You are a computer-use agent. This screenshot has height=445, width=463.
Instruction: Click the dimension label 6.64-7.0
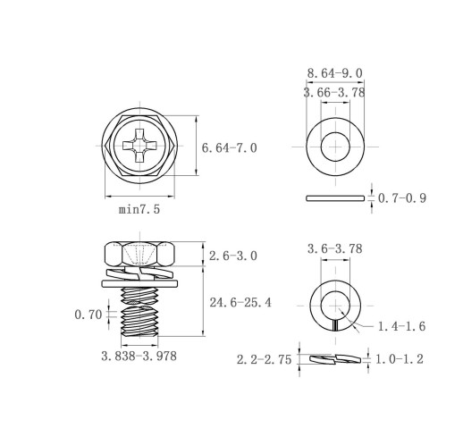pos(229,148)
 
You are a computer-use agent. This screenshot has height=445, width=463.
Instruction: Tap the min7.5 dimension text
pos(139,209)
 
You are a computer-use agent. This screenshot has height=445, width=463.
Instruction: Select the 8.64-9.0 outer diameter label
pos(335,73)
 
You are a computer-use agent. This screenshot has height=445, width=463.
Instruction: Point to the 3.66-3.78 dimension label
pos(334,93)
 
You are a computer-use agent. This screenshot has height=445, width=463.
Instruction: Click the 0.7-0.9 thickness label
pos(402,198)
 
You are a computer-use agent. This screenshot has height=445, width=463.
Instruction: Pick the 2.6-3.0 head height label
pos(233,256)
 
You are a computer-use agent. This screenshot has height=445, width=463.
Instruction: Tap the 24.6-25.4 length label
pos(240,303)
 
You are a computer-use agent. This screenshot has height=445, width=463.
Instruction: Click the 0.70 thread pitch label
pos(88,315)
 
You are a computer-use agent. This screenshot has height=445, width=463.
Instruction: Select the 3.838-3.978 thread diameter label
pos(139,356)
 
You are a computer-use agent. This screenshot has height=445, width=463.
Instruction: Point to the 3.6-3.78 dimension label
pos(335,248)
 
